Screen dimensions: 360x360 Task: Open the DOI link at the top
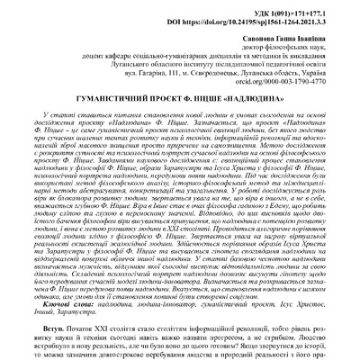[x=270, y=16]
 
